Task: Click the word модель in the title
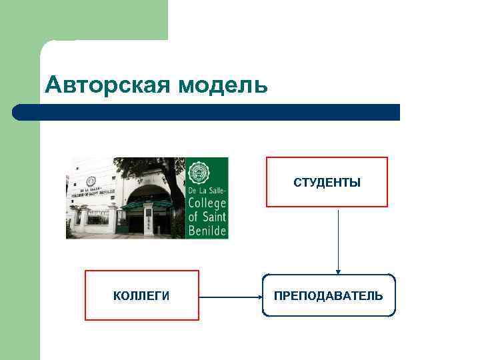[219, 85]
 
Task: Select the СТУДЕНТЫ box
[327, 182]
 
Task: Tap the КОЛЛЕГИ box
[141, 295]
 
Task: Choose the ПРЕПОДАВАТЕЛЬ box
[329, 295]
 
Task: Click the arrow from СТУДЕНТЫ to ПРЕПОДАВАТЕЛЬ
[339, 240]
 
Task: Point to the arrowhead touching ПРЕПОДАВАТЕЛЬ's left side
[258, 296]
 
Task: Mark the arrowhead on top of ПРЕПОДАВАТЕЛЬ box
[339, 271]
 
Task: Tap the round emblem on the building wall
[91, 181]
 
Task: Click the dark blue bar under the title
[207, 112]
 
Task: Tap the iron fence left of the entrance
[98, 217]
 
